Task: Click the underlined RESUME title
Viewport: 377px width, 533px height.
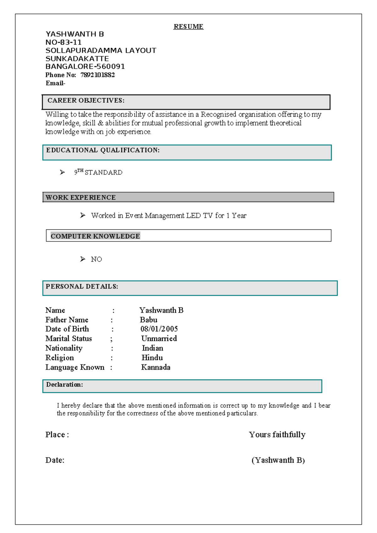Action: pos(188,27)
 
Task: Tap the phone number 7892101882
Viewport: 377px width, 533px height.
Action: pos(97,75)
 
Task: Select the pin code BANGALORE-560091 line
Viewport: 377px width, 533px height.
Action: pos(85,67)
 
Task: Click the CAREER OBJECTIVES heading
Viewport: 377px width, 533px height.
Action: pos(86,101)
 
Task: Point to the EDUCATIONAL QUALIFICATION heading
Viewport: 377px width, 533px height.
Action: pos(103,150)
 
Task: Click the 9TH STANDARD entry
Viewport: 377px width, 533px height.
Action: pos(98,172)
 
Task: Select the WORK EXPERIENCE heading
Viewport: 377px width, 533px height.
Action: pos(81,198)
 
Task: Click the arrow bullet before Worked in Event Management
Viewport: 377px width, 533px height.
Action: pos(83,215)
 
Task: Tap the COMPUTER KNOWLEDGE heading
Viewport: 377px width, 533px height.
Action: pos(95,236)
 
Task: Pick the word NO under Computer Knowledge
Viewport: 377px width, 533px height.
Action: pos(96,259)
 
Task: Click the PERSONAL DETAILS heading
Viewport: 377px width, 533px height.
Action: pos(82,287)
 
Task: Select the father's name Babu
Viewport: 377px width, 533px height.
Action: pos(148,320)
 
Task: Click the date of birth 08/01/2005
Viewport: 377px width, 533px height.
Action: pos(159,329)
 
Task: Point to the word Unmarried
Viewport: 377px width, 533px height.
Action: pos(159,338)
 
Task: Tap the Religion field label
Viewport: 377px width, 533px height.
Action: pos(60,358)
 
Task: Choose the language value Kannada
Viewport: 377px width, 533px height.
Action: pos(156,367)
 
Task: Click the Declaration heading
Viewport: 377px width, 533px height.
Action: pos(64,385)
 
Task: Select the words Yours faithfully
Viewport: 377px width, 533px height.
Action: pos(277,435)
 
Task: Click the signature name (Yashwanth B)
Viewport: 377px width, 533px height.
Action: pos(278,460)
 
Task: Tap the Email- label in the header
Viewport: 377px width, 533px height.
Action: pos(55,83)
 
